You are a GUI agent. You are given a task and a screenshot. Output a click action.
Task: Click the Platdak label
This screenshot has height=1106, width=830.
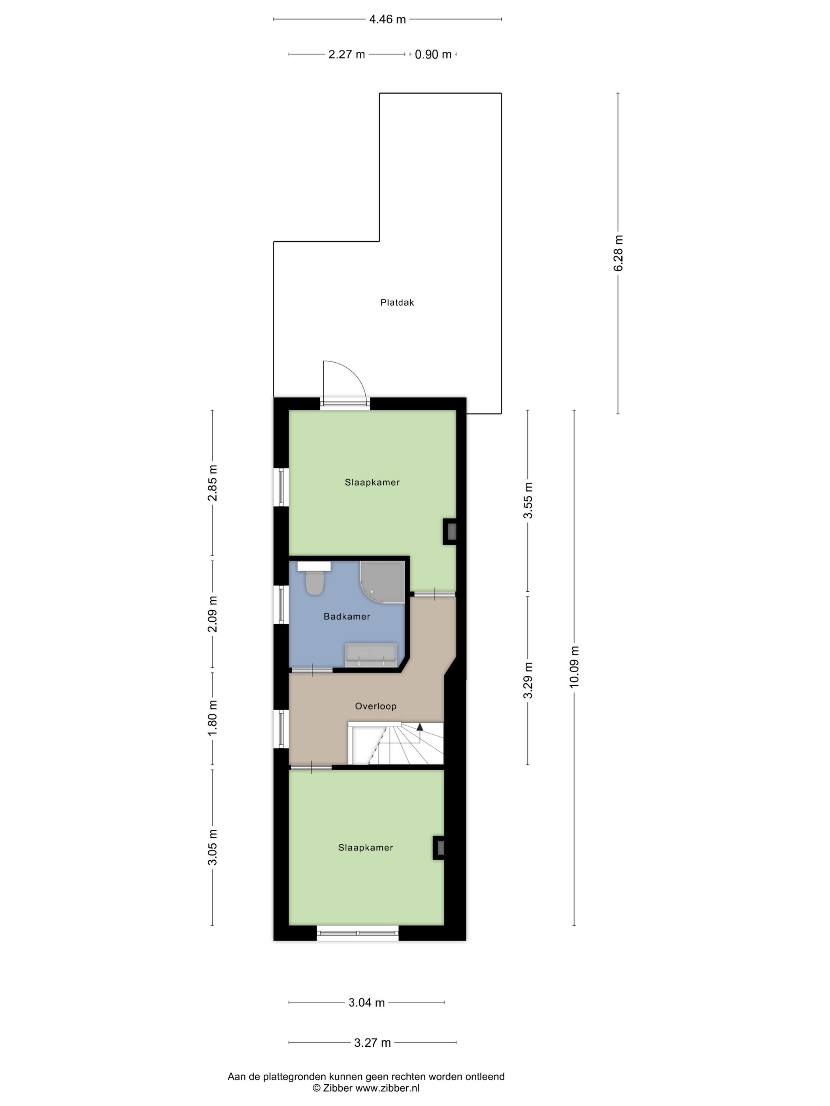coord(397,303)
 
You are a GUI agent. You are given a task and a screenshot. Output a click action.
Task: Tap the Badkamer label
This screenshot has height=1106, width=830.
coord(347,617)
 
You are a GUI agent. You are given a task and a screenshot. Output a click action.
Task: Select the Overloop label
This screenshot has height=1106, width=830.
coord(375,706)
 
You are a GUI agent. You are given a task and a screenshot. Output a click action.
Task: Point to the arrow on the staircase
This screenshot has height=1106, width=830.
coord(420,727)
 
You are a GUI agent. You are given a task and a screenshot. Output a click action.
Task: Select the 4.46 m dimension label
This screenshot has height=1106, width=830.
coord(387,19)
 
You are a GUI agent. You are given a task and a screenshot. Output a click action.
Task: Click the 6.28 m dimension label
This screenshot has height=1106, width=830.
coord(619,253)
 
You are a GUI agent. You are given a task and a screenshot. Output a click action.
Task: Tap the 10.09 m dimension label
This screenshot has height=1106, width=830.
coord(574,666)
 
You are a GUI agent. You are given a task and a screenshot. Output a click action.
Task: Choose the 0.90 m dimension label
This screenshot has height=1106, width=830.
coord(433,54)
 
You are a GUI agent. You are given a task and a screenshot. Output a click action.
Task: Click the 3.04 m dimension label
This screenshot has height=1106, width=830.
coord(367,1003)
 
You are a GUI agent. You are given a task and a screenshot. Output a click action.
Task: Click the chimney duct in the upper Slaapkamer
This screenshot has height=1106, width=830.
coord(450,531)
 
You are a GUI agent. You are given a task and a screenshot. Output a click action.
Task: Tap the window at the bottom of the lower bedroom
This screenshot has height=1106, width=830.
coord(358,933)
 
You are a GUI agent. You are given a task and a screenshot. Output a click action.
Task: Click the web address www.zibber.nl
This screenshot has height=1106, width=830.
coord(387,1088)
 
